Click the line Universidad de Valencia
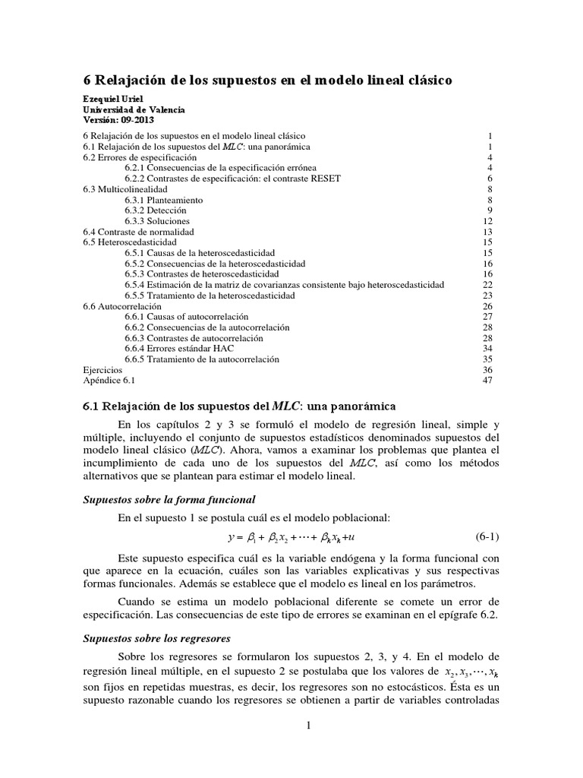[x=128, y=109]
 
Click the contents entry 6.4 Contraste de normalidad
[x=138, y=231]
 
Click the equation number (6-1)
[x=486, y=536]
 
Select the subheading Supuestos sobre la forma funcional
[x=169, y=498]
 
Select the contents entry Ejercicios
[x=102, y=369]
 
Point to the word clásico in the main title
[x=430, y=80]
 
